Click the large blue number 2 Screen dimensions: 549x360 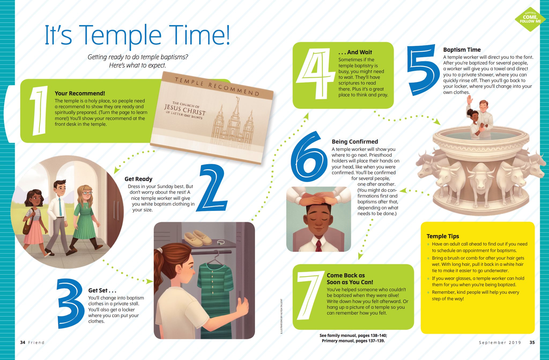213,188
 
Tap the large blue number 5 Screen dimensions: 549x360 423,70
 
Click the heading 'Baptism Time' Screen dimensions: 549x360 462,50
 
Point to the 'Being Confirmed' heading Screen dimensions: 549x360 355,142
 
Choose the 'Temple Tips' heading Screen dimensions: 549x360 443,236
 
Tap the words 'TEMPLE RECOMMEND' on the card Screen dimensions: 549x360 217,86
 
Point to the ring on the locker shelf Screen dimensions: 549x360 220,242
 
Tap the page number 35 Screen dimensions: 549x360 532,343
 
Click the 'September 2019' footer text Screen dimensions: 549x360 500,343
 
